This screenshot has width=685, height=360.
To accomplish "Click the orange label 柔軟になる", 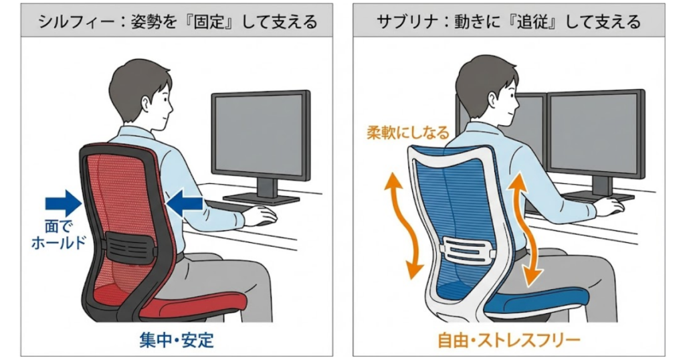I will tap(407, 132).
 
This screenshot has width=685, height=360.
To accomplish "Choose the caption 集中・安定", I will tap(177, 340).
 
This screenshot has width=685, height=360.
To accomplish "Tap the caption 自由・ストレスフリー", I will tap(508, 341).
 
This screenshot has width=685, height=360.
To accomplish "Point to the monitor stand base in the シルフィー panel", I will tap(262, 197).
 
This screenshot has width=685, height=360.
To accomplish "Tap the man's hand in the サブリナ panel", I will tap(610, 207).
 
